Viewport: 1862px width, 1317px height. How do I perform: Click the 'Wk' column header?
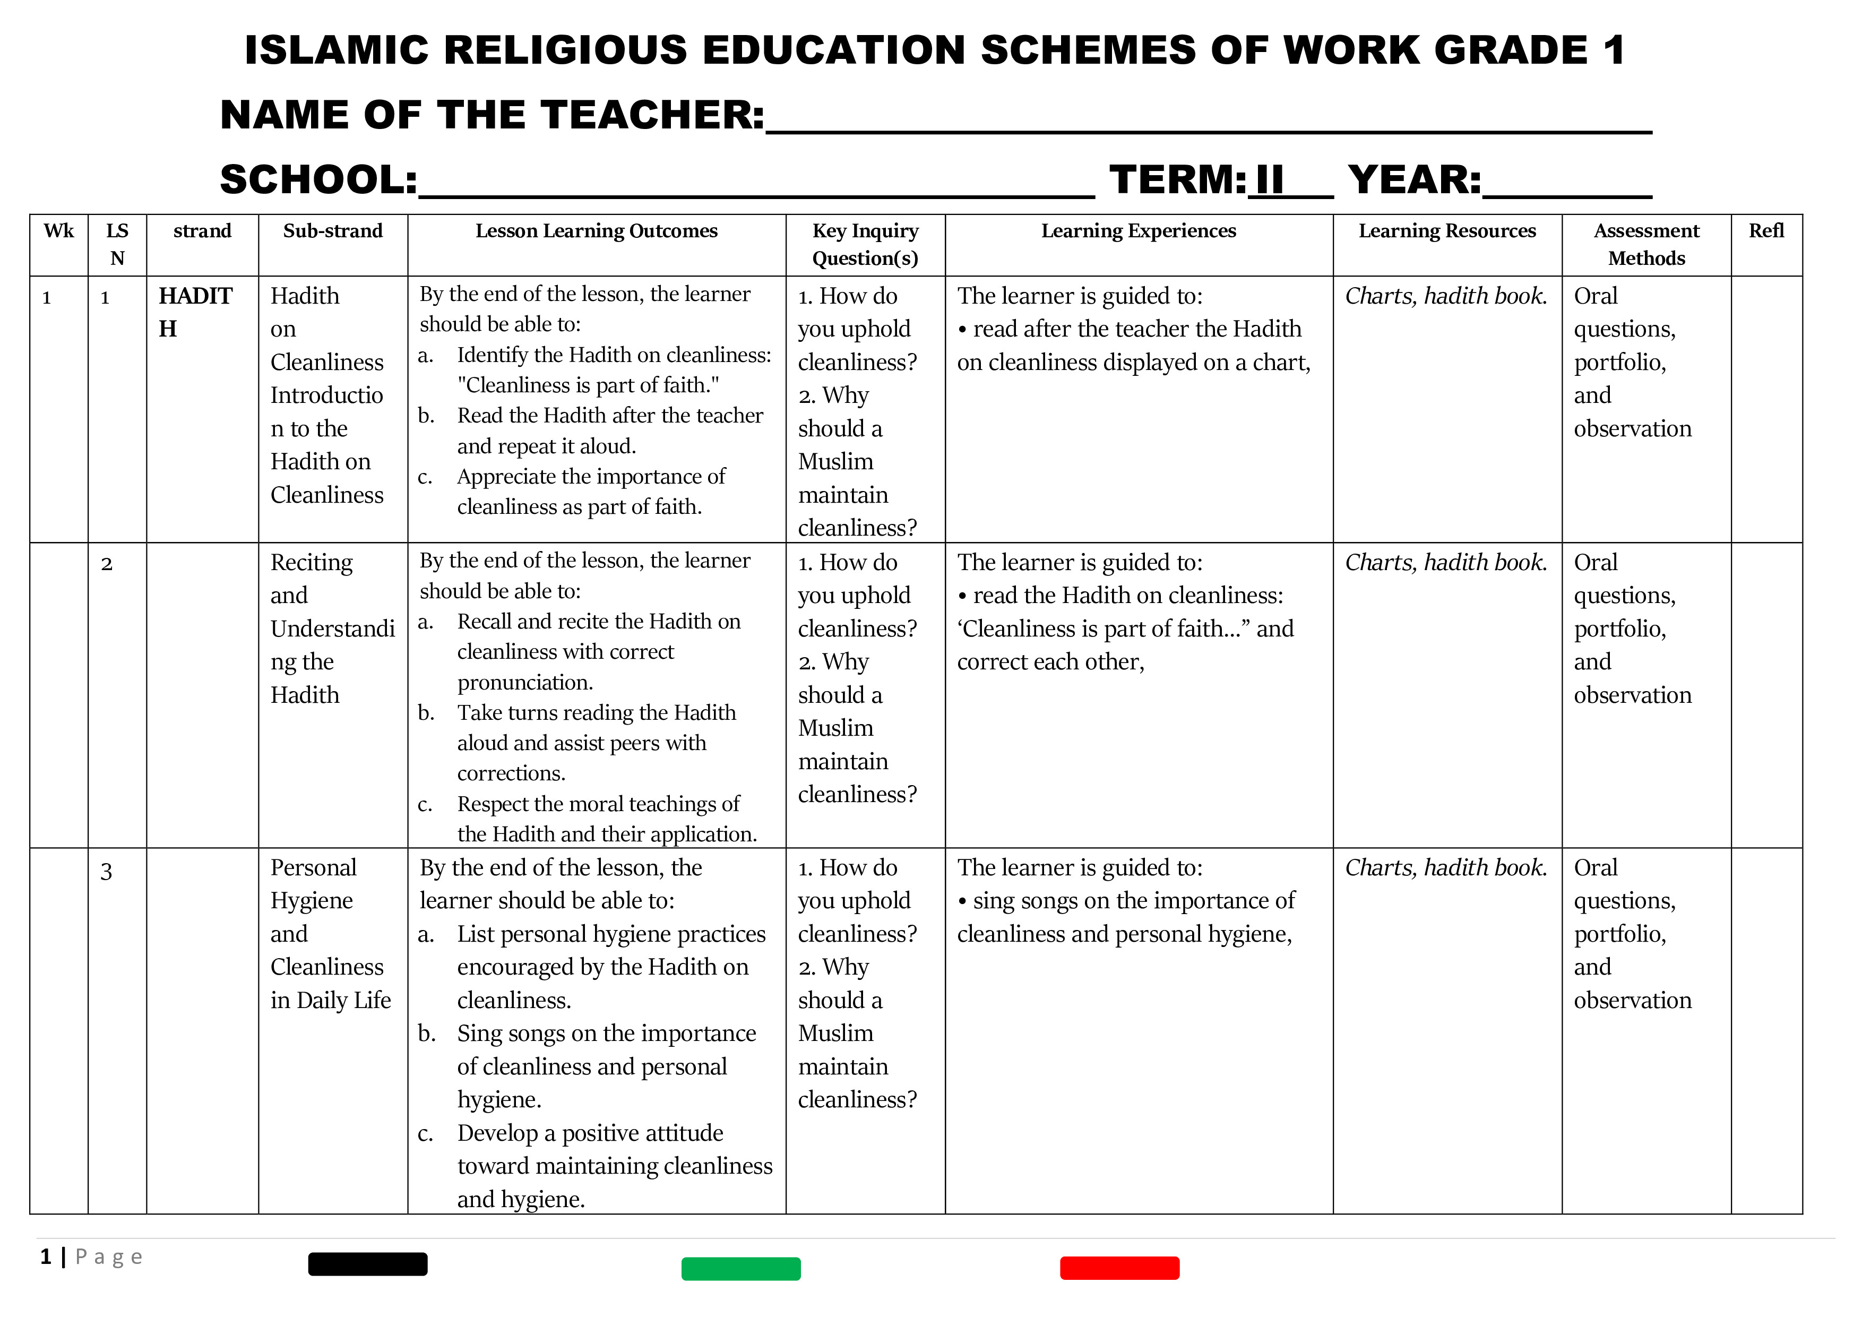[x=58, y=231]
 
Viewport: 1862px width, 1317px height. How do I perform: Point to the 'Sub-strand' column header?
[x=332, y=231]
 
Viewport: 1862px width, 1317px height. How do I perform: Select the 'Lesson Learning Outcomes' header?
[x=596, y=231]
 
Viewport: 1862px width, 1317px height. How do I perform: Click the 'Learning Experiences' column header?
[x=1139, y=231]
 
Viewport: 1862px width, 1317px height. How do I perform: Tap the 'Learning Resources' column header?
[x=1447, y=231]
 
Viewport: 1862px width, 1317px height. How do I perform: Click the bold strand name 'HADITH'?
[x=195, y=312]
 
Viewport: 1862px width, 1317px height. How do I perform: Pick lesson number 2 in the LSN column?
[x=106, y=564]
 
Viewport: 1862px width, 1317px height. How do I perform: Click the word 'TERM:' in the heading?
[x=1177, y=179]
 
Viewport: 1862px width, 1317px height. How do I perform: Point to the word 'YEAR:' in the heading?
[x=1415, y=179]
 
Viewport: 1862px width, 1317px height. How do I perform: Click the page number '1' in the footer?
[x=46, y=1257]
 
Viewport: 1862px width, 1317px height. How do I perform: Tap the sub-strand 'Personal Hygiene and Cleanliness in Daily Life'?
[x=331, y=933]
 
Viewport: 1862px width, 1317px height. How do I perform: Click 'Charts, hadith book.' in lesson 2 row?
[x=1446, y=563]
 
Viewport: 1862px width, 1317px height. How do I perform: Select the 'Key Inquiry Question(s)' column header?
[x=865, y=244]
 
